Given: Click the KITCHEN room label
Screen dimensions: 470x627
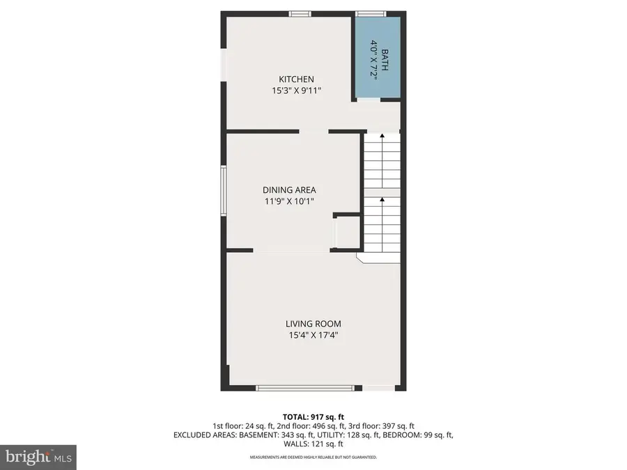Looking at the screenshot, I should click(296, 79).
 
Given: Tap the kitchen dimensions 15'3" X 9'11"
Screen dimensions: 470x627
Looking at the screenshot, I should click(296, 91).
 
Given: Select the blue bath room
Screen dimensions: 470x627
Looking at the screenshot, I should click(377, 59).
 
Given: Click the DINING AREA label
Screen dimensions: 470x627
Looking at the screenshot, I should click(289, 190).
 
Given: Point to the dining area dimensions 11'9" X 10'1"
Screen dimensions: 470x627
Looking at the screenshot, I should click(289, 202).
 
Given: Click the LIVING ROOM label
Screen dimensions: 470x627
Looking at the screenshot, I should click(313, 324).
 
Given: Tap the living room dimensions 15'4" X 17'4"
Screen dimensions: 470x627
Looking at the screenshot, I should click(313, 335).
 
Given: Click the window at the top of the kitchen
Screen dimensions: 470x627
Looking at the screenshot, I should click(300, 13).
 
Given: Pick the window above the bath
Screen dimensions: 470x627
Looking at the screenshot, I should click(371, 13).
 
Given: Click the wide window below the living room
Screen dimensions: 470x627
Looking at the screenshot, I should click(307, 387).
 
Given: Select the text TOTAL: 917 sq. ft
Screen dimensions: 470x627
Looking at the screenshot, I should click(313, 416).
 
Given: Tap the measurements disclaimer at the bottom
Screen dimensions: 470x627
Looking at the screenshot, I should click(313, 457).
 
